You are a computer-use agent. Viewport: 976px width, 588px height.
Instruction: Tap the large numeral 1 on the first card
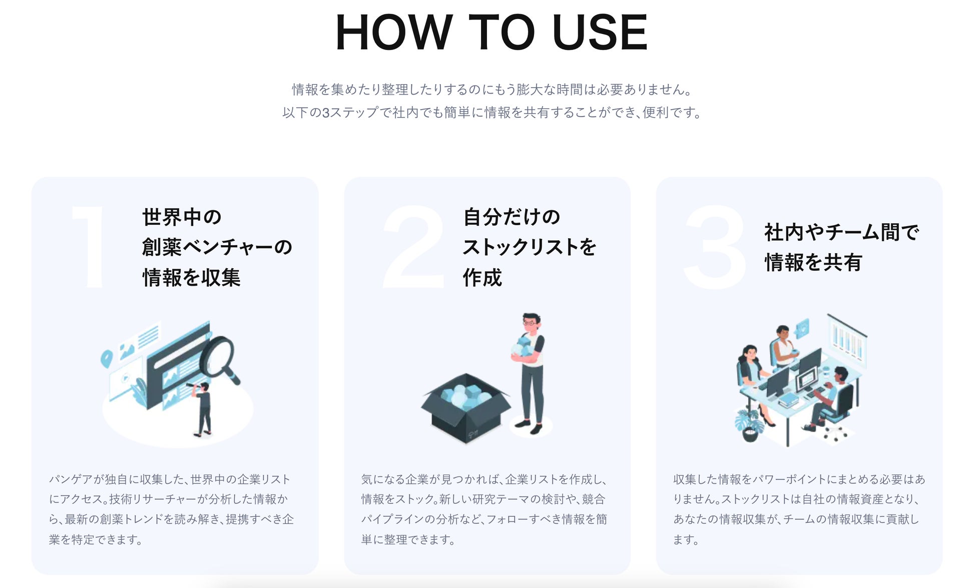pos(89,246)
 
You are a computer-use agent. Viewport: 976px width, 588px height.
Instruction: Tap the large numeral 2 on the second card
pos(414,246)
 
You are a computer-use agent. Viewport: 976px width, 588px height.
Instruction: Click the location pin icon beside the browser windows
pos(106,359)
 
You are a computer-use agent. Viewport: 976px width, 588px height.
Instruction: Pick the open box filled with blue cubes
pos(465,407)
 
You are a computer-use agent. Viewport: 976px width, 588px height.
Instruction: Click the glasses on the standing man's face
pos(530,324)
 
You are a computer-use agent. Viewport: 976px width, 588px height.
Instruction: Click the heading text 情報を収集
pos(191,277)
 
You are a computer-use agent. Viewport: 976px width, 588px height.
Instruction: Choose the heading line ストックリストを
pos(530,247)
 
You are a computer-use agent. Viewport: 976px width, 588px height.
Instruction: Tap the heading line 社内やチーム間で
pos(842,232)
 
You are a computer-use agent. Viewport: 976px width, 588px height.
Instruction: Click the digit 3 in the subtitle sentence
pos(325,113)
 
